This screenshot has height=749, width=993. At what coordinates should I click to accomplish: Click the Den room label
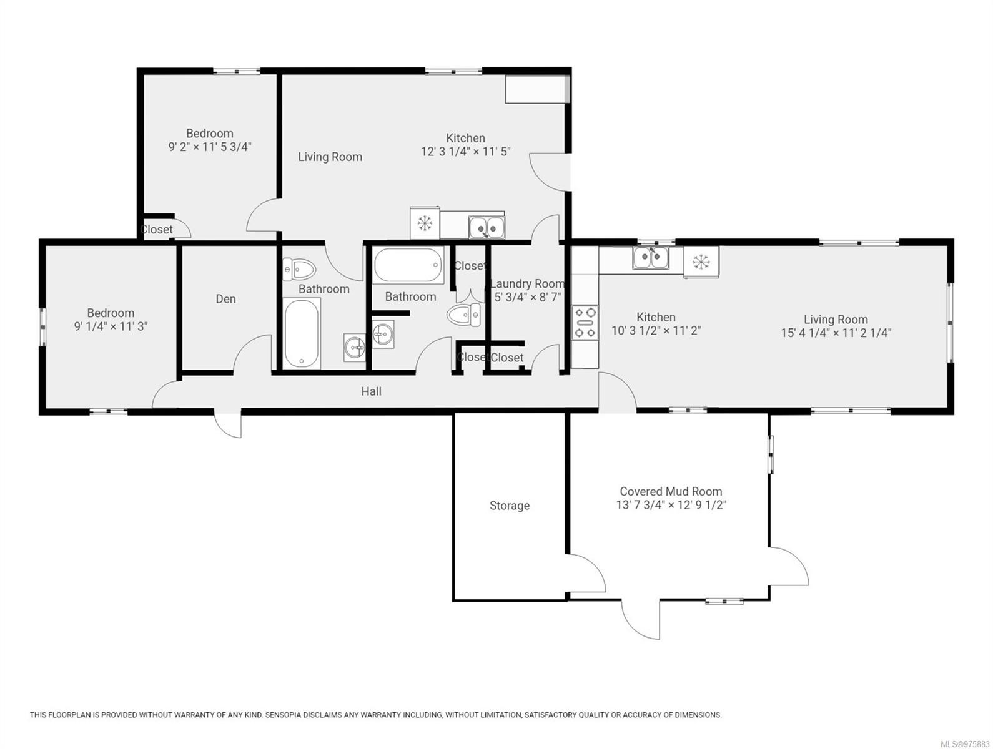click(225, 299)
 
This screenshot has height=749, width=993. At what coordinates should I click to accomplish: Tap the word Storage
click(509, 506)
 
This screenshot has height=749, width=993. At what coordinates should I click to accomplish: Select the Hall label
click(371, 391)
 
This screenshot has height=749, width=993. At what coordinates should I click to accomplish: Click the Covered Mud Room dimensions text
click(671, 505)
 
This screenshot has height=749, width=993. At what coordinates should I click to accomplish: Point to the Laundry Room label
click(527, 284)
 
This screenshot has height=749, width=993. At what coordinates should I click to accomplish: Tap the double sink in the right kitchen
click(650, 257)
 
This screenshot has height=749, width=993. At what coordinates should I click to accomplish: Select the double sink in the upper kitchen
click(487, 228)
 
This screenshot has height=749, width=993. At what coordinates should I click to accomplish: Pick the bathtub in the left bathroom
click(302, 333)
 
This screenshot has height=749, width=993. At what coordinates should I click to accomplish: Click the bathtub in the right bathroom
click(408, 266)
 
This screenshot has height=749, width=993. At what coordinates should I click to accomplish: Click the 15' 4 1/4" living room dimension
click(836, 333)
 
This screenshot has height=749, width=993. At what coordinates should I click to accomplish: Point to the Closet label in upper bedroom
click(157, 230)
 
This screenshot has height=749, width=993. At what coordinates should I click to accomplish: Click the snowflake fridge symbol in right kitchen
click(701, 262)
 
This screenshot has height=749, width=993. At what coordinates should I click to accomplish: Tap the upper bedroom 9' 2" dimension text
click(209, 147)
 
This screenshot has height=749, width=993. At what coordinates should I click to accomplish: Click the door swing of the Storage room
click(587, 571)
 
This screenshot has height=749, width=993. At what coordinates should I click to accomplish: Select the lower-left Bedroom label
click(111, 313)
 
